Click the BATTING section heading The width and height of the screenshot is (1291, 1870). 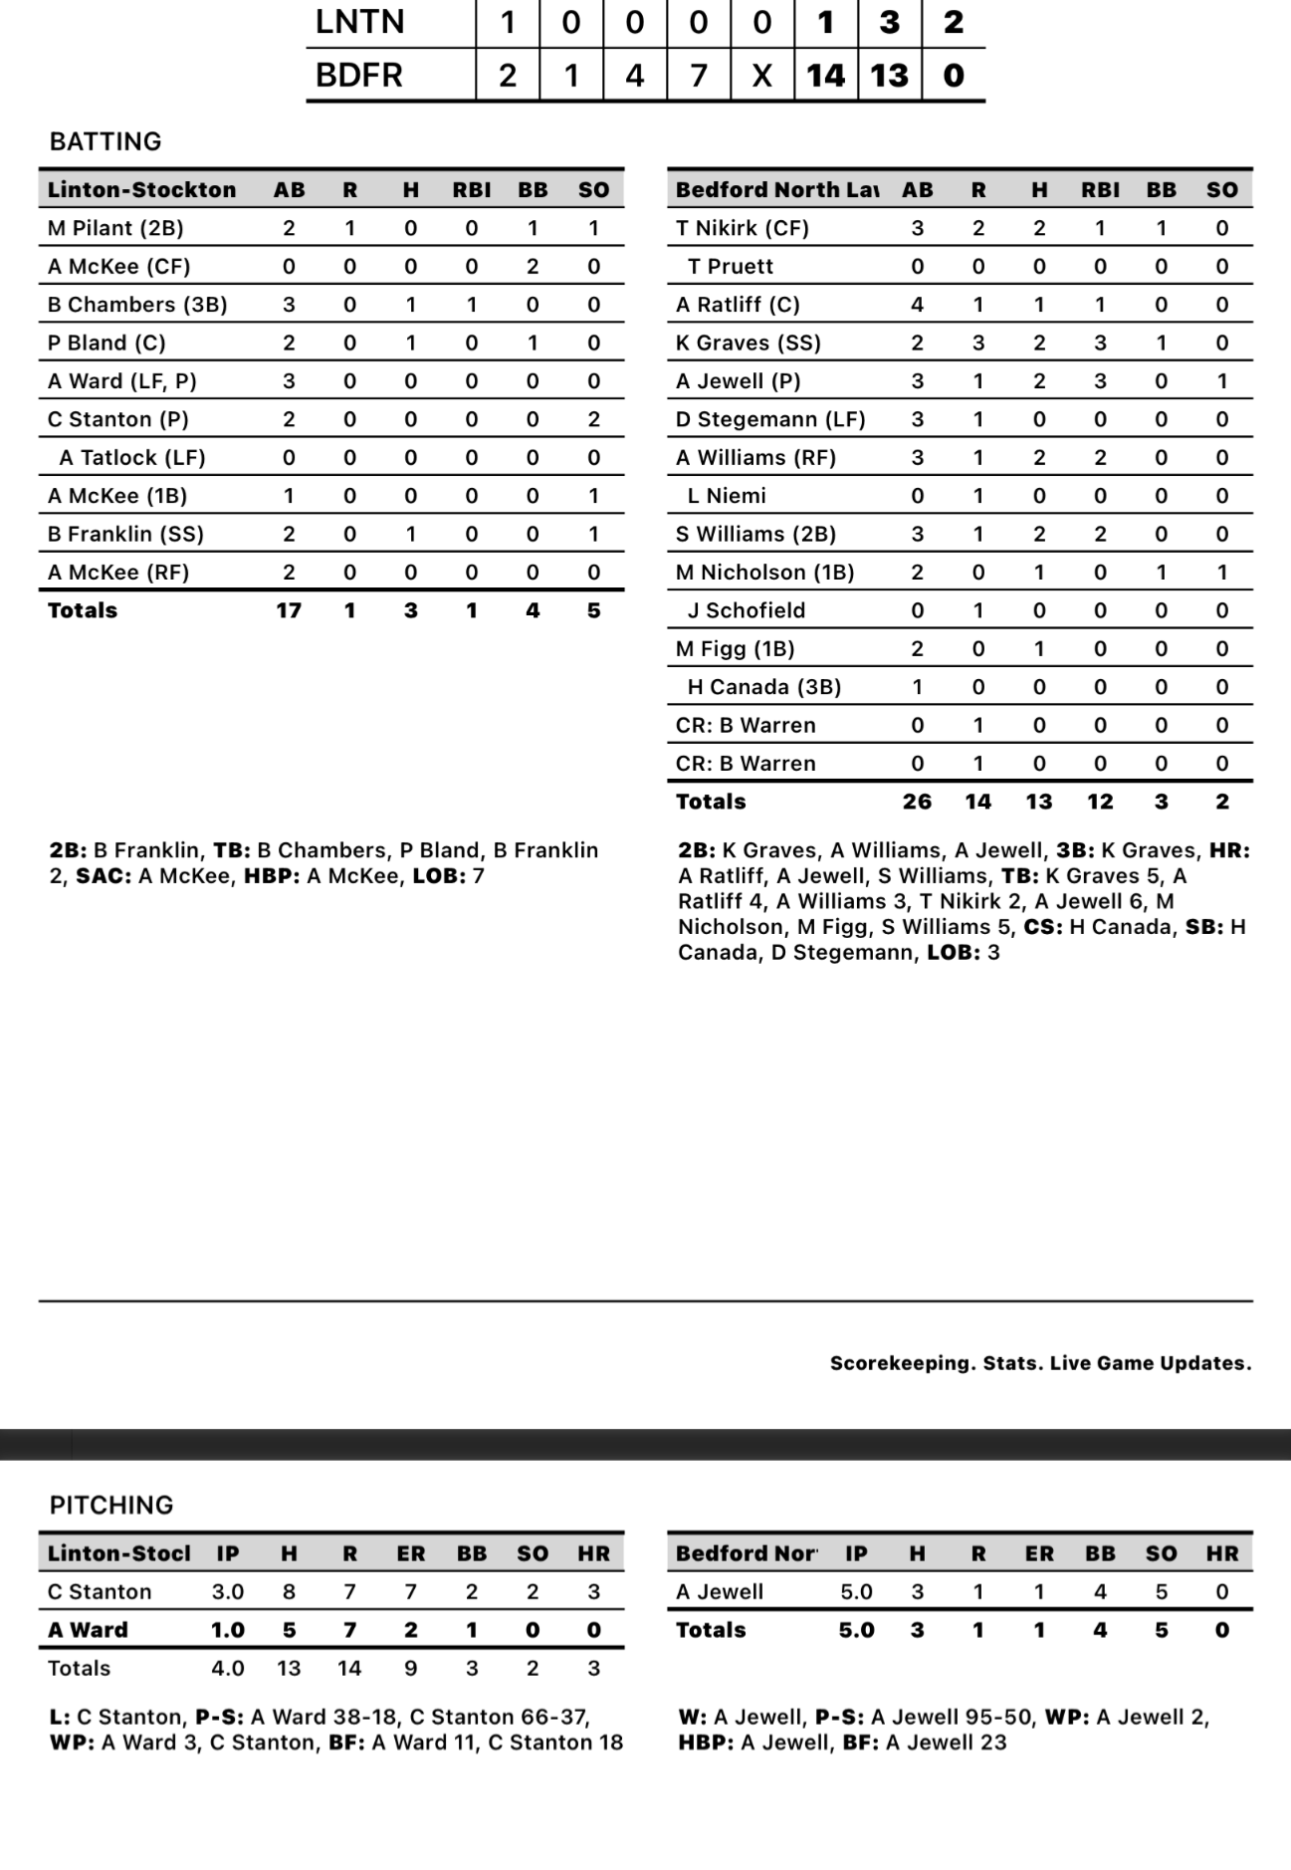pyautogui.click(x=106, y=141)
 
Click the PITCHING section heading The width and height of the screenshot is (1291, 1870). pyautogui.click(x=111, y=1505)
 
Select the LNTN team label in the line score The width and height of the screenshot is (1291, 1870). pyautogui.click(x=359, y=22)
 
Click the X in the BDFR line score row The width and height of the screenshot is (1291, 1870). pyautogui.click(x=761, y=75)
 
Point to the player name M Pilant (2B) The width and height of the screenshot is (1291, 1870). pyautogui.click(x=115, y=228)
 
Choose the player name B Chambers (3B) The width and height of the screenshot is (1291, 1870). pyautogui.click(x=137, y=305)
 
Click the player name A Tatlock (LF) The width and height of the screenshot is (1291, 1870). pyautogui.click(x=132, y=458)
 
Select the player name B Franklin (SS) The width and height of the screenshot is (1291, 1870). pyautogui.click(x=125, y=535)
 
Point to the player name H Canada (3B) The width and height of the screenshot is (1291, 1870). pyautogui.click(x=764, y=687)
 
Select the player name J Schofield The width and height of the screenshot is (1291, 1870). pyautogui.click(x=747, y=610)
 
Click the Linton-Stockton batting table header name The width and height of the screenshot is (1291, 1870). pyautogui.click(x=141, y=190)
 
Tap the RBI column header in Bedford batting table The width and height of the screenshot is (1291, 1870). pyautogui.click(x=1100, y=190)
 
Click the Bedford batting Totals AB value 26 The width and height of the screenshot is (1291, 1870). pyautogui.click(x=917, y=802)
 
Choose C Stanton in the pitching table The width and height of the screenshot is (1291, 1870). pyautogui.click(x=100, y=1591)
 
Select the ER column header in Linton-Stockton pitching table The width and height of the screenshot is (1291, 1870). pyautogui.click(x=410, y=1553)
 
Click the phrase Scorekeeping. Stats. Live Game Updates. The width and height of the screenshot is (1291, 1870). pyautogui.click(x=1040, y=1363)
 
